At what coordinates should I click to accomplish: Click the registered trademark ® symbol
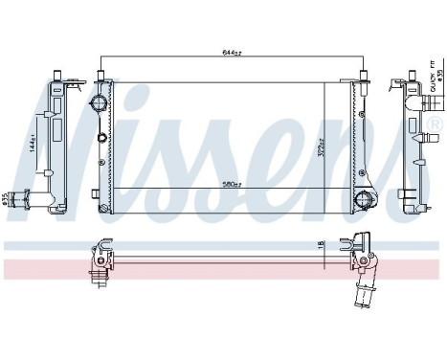pyautogui.click(x=436, y=125)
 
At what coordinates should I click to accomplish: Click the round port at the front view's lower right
pyautogui.click(x=363, y=199)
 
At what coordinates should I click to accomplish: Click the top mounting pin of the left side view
pyautogui.click(x=59, y=76)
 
